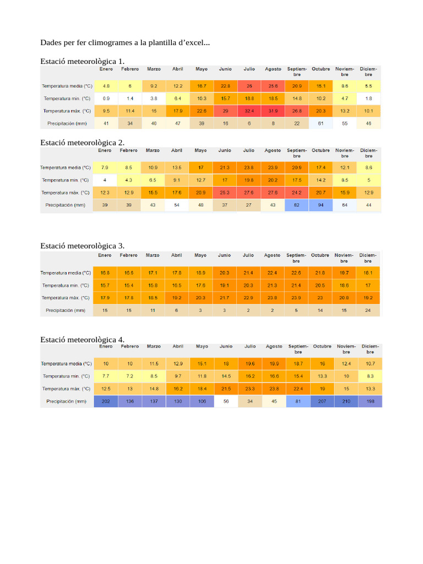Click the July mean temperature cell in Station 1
click(x=250, y=86)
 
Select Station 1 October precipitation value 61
click(x=321, y=123)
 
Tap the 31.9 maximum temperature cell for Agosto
click(x=273, y=111)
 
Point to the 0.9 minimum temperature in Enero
click(x=106, y=98)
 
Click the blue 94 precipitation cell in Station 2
click(x=321, y=205)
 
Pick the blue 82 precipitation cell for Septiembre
click(x=297, y=205)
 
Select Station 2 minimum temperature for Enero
click(x=105, y=180)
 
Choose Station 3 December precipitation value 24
click(x=368, y=310)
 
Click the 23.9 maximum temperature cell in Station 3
click(x=296, y=298)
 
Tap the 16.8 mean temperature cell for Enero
click(x=105, y=273)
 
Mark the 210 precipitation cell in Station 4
click(x=346, y=401)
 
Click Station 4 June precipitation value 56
click(x=226, y=401)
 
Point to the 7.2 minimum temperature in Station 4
click(x=130, y=376)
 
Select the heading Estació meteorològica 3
click(x=83, y=246)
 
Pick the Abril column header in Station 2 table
click(x=177, y=150)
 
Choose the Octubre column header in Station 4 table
click(x=322, y=346)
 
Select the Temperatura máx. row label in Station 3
click(x=66, y=298)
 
